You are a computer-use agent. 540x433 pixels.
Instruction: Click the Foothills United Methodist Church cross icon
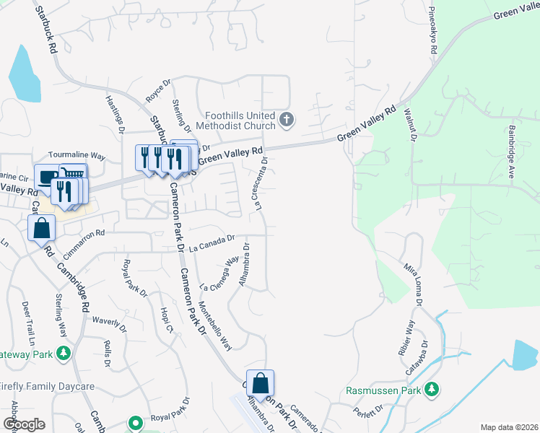coord(287,119)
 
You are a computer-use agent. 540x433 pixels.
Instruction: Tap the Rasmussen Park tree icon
coord(432,390)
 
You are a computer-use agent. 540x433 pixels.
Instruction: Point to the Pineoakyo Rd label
coord(434,32)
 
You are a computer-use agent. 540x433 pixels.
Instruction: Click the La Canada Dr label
coord(212,242)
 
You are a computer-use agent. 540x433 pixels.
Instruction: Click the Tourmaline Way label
coord(77,155)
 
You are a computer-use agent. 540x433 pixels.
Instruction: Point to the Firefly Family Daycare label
coord(48,387)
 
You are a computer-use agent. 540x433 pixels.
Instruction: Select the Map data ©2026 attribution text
coord(509,427)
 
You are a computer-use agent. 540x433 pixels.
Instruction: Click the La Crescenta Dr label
coord(261,184)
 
